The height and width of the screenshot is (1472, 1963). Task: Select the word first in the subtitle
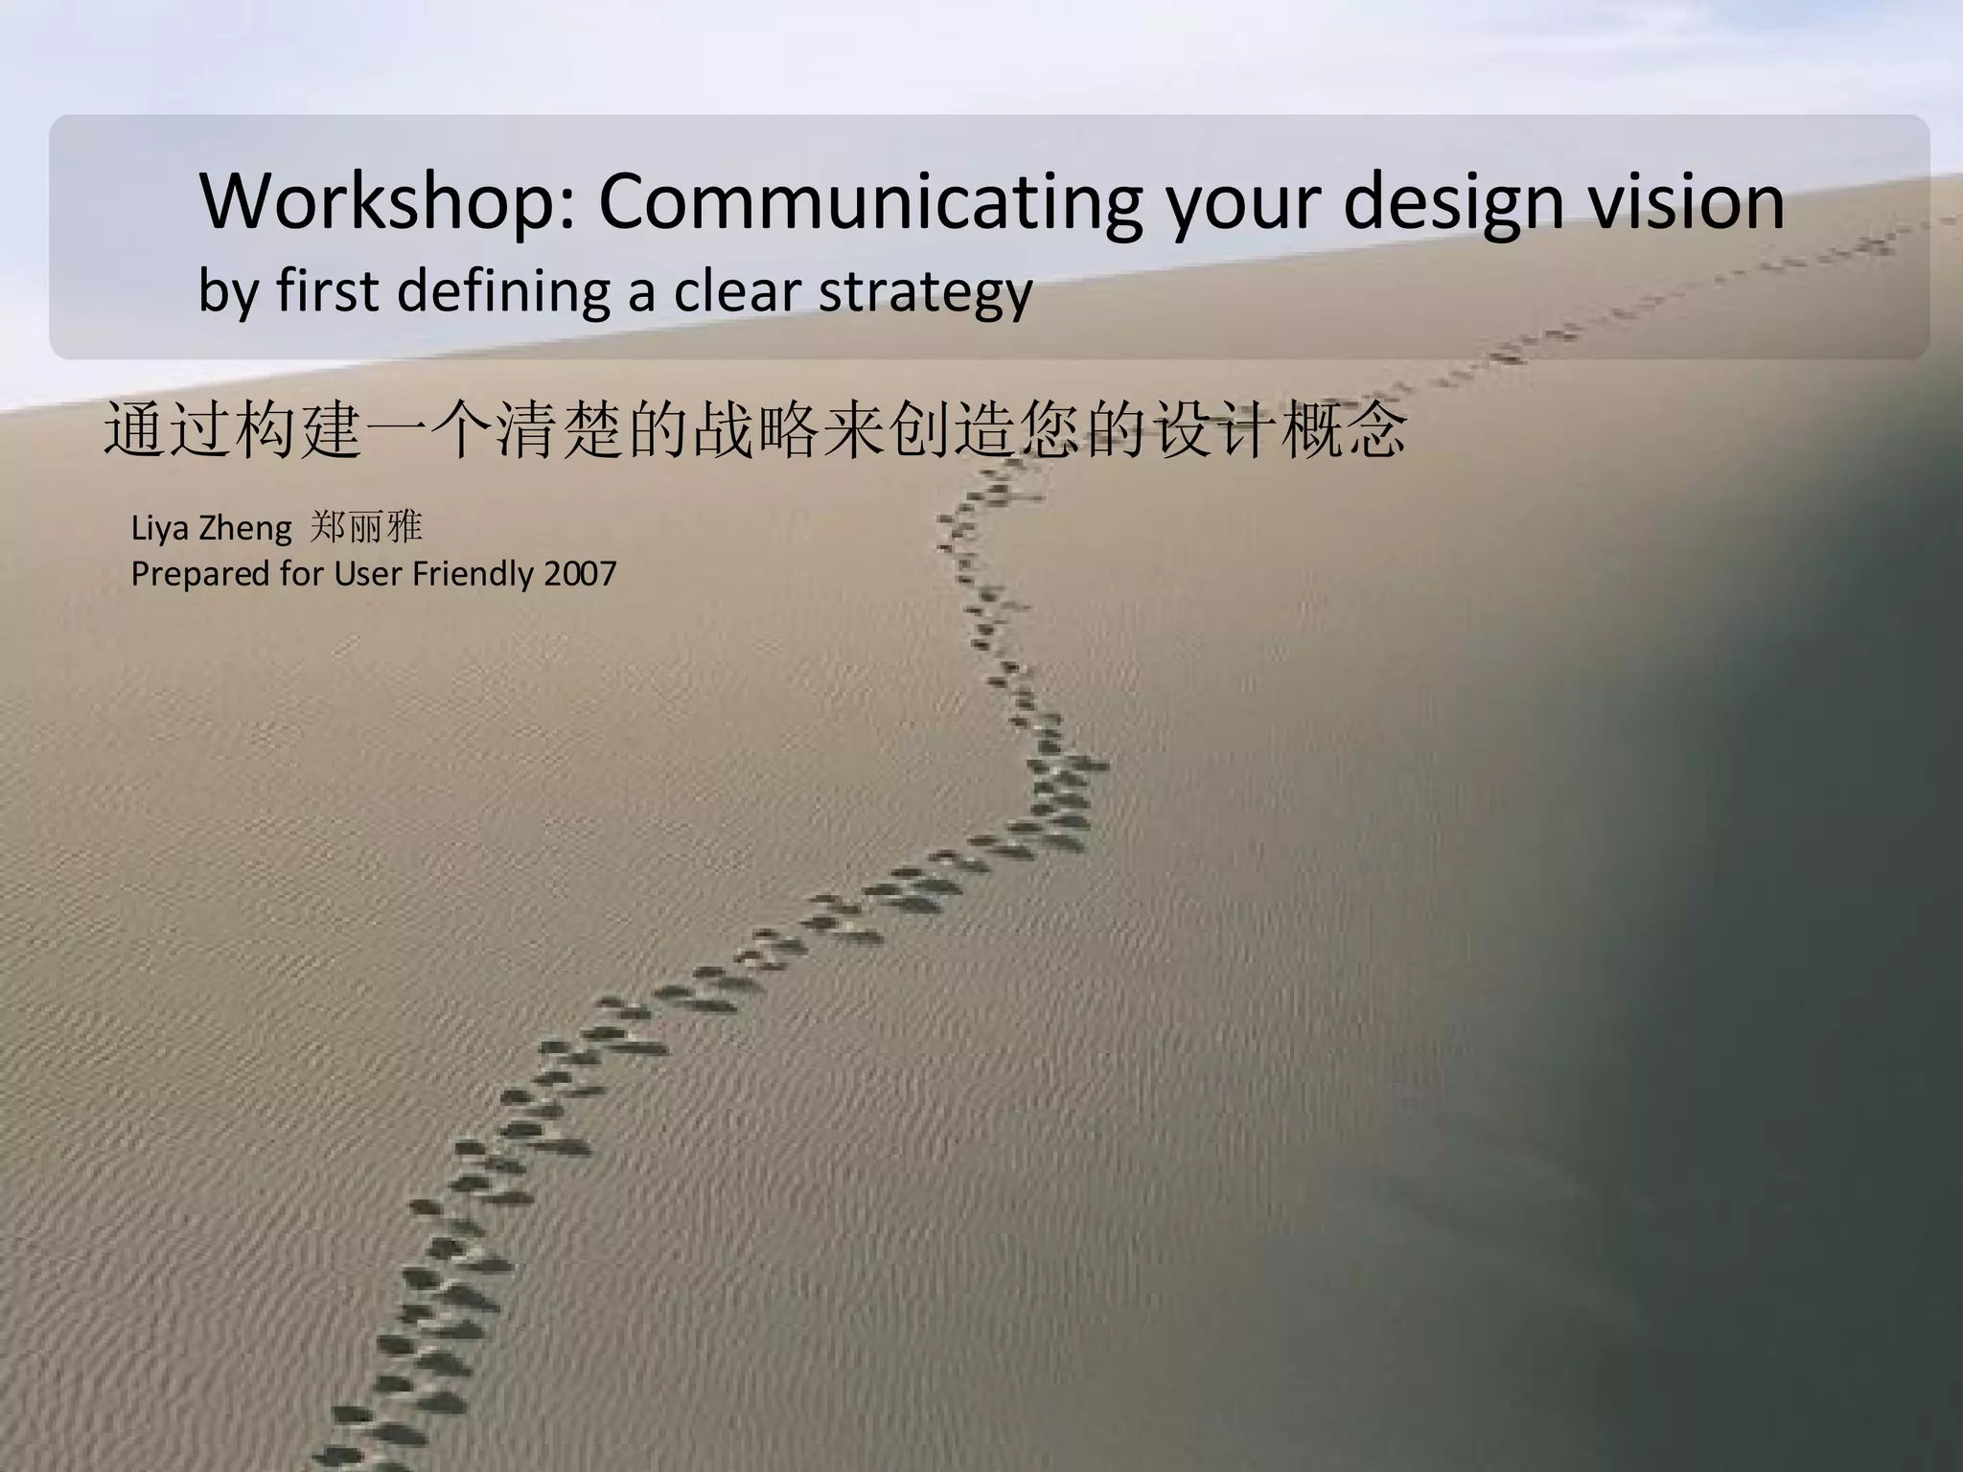coord(328,289)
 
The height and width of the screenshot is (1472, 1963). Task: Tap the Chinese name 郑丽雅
coord(366,527)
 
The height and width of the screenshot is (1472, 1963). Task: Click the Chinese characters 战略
coord(756,431)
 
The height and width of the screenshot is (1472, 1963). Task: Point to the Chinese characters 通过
coord(167,431)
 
